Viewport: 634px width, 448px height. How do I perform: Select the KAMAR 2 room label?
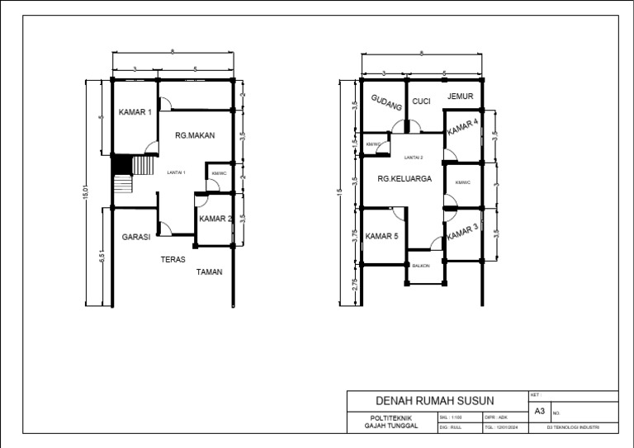coord(215,219)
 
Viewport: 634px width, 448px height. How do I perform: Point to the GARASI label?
coord(136,237)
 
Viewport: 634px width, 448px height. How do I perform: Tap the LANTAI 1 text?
coord(176,172)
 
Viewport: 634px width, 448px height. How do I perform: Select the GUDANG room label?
coord(386,103)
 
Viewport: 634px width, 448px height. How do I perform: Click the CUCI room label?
coord(421,101)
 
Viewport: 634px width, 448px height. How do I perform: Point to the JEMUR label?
coord(461,97)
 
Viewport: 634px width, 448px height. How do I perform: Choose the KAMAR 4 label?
coord(462,127)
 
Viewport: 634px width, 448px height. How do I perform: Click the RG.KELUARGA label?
coord(405,178)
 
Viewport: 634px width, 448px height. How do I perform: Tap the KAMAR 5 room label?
coord(382,237)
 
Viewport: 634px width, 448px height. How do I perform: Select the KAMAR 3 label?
coord(462,233)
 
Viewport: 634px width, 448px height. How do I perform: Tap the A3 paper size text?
coord(540,410)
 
